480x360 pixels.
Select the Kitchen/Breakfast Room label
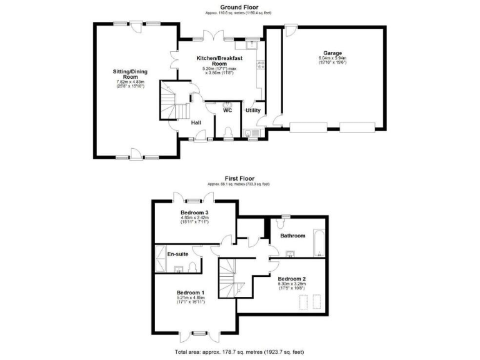point(218,61)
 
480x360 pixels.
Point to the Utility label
point(252,111)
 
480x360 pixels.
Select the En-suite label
point(177,254)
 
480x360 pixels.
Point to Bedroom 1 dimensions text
point(190,301)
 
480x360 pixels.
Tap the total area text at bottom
point(239,352)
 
